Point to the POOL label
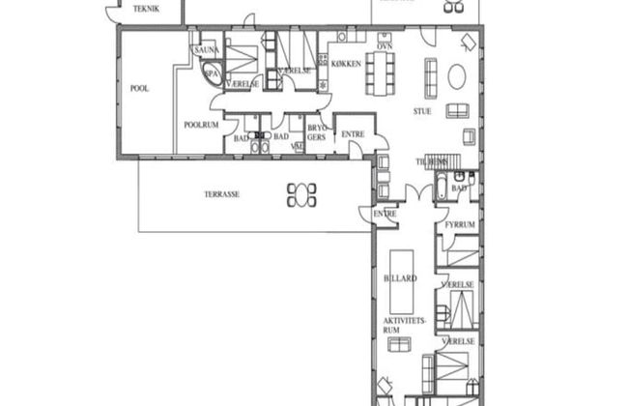point(139,88)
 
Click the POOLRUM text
point(202,125)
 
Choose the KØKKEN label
point(346,64)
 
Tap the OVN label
point(383,45)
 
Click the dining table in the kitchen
point(381,72)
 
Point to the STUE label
point(422,110)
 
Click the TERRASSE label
point(221,193)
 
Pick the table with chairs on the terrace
point(301,194)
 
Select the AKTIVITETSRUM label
point(400,324)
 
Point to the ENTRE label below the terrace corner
point(385,213)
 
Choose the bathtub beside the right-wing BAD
point(441,187)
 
